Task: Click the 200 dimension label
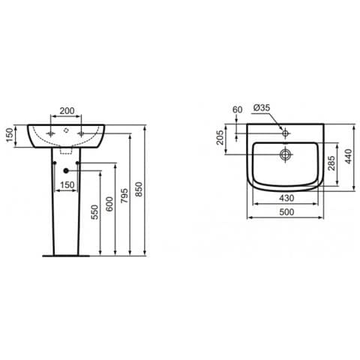(x=66, y=110)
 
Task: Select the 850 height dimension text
(x=139, y=189)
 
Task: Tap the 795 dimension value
(x=124, y=196)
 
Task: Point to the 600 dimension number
(x=110, y=204)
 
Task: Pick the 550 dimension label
(x=95, y=212)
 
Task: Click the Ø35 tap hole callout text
(x=262, y=108)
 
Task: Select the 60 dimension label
(x=238, y=109)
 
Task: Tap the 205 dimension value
(x=220, y=137)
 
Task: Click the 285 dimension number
(x=331, y=163)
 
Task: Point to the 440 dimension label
(x=348, y=156)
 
